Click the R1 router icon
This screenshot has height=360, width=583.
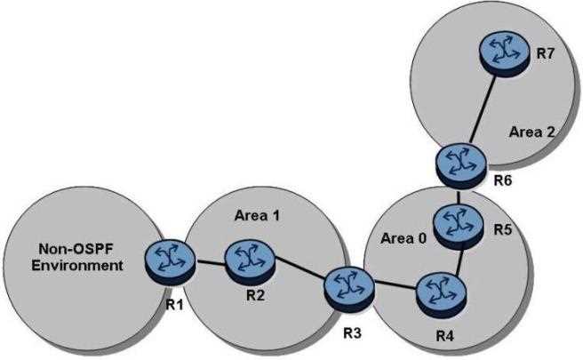(x=165, y=257)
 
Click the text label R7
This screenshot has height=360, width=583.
(x=545, y=54)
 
